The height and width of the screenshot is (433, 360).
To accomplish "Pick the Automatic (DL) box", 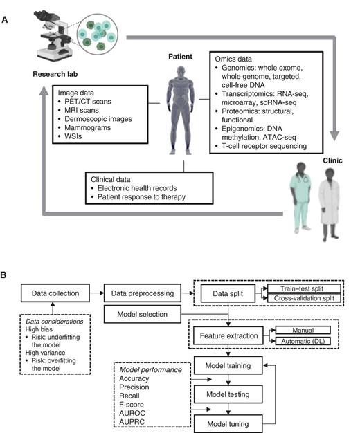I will (x=305, y=341).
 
